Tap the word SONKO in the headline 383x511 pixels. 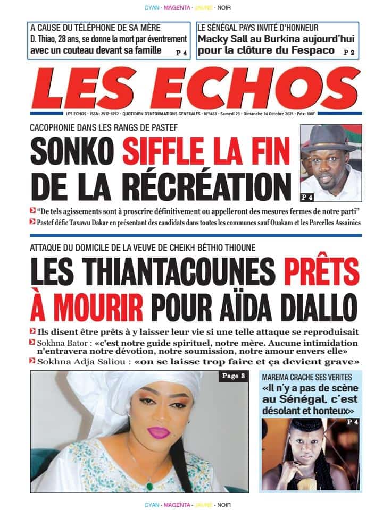point(73,151)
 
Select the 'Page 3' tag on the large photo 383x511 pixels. point(233,377)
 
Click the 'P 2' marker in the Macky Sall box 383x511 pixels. point(349,52)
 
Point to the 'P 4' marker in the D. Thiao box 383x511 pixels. point(181,53)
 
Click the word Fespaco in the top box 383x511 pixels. point(313,50)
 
